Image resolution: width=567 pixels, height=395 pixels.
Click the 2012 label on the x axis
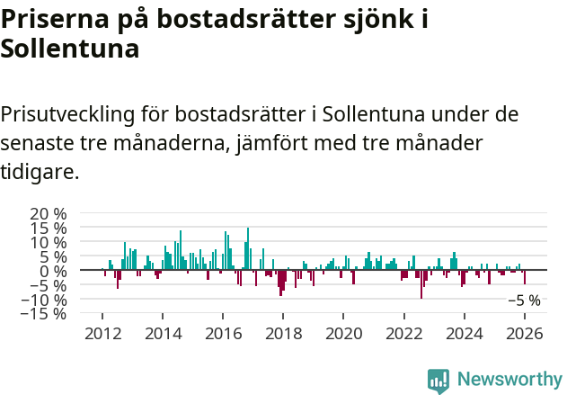[102, 332]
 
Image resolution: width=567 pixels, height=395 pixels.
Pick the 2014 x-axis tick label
[163, 332]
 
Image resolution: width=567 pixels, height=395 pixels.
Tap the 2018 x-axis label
[283, 332]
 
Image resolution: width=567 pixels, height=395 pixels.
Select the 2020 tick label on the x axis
[343, 332]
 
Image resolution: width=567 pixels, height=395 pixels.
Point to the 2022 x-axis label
[403, 332]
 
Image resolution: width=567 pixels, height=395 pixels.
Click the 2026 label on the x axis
[525, 332]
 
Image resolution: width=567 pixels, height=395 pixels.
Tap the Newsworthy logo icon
[439, 381]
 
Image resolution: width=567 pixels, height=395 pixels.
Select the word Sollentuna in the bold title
[70, 49]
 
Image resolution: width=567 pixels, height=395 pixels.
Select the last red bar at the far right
[525, 277]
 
